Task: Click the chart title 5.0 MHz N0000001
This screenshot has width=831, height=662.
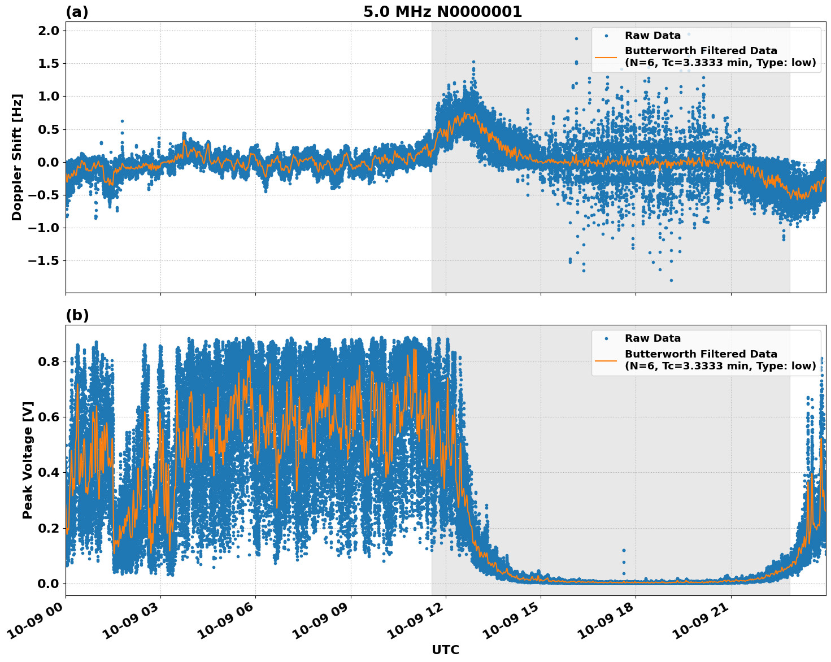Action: [x=442, y=12]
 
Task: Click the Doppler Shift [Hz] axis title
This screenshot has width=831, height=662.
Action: [x=17, y=157]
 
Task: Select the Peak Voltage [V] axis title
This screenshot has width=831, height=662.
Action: [x=28, y=460]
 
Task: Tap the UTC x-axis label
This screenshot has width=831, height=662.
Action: [x=445, y=650]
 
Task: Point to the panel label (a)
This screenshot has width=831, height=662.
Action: [x=77, y=12]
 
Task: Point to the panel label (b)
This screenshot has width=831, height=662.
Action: [x=77, y=315]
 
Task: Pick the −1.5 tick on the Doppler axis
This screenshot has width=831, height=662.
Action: [x=43, y=261]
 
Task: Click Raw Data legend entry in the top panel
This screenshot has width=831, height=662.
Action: [x=652, y=36]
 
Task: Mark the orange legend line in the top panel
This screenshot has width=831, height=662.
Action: [x=606, y=57]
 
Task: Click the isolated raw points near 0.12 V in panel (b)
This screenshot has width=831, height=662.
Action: [x=624, y=550]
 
